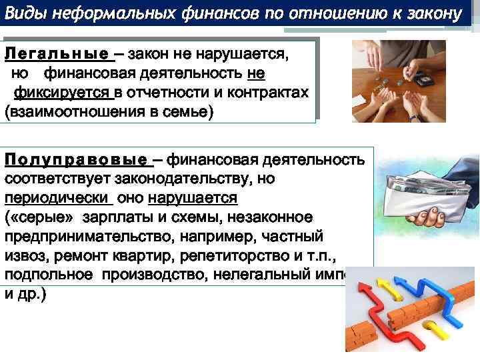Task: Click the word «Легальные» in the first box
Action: pos(56,53)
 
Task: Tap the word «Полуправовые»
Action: pos(75,160)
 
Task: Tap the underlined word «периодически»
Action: pos(57,199)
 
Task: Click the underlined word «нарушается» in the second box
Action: pos(193,199)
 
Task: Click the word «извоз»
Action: pos(24,256)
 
